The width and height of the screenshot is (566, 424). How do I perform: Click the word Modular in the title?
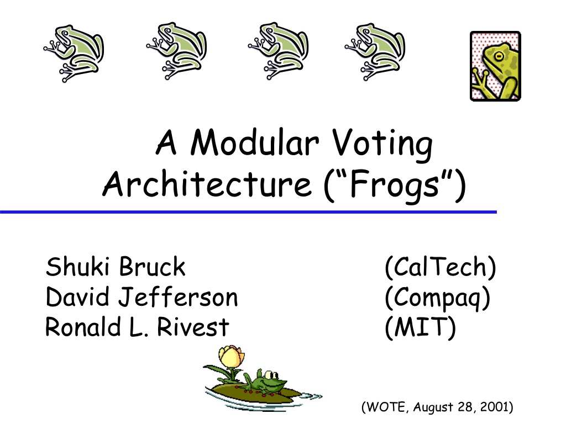coord(254,143)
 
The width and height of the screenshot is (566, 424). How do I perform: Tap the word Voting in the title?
coord(382,145)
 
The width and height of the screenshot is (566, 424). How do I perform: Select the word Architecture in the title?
coord(207,183)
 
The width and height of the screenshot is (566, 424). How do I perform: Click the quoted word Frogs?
coord(395,185)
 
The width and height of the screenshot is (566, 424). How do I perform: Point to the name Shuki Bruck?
coord(116,267)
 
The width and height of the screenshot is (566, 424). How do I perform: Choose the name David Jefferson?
coord(142,298)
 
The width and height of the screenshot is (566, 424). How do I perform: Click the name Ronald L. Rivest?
coord(137,327)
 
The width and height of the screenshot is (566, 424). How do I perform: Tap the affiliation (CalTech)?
coord(441,267)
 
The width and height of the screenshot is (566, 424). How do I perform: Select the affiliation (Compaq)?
coord(438,299)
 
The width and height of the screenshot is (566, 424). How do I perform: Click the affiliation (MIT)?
coord(420,327)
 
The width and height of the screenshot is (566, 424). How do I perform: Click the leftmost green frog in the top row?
coord(74,54)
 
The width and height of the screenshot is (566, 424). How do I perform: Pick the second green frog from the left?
coord(176,51)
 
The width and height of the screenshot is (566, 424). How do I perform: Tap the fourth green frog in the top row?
coord(375,51)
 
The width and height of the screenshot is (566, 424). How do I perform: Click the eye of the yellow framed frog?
coord(499,56)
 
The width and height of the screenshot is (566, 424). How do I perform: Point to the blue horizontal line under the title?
coord(248,212)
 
